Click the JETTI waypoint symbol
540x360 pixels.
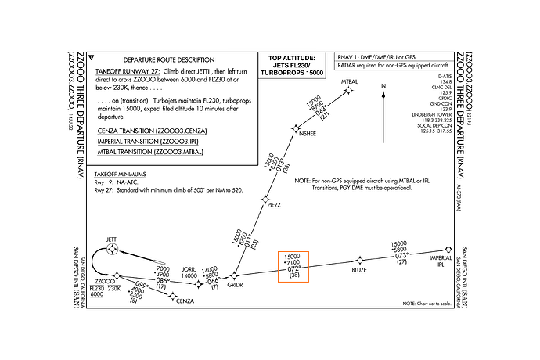coord(113,250)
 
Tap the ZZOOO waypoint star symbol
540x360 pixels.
coord(117,276)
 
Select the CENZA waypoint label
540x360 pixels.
coord(185,301)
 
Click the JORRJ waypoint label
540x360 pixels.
coord(189,267)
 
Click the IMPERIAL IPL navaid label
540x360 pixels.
coord(441,260)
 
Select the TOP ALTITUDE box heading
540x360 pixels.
coord(292,59)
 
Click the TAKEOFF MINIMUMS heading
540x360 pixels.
coord(121,171)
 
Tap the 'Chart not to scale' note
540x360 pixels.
coord(427,303)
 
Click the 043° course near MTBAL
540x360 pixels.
coord(319,110)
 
